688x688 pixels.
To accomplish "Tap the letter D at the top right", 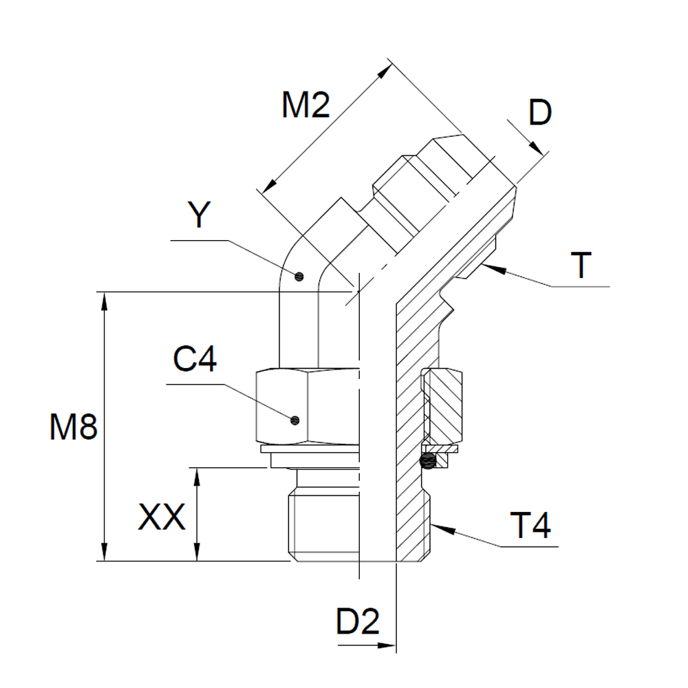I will coord(540,113).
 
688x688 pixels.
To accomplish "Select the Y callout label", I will coord(199,215).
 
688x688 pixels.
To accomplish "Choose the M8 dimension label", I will coord(73,429).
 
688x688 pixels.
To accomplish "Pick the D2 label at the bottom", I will coord(358,623).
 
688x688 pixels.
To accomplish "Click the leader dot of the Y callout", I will coord(299,277).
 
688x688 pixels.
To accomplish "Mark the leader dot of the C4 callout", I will coord(295,420).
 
